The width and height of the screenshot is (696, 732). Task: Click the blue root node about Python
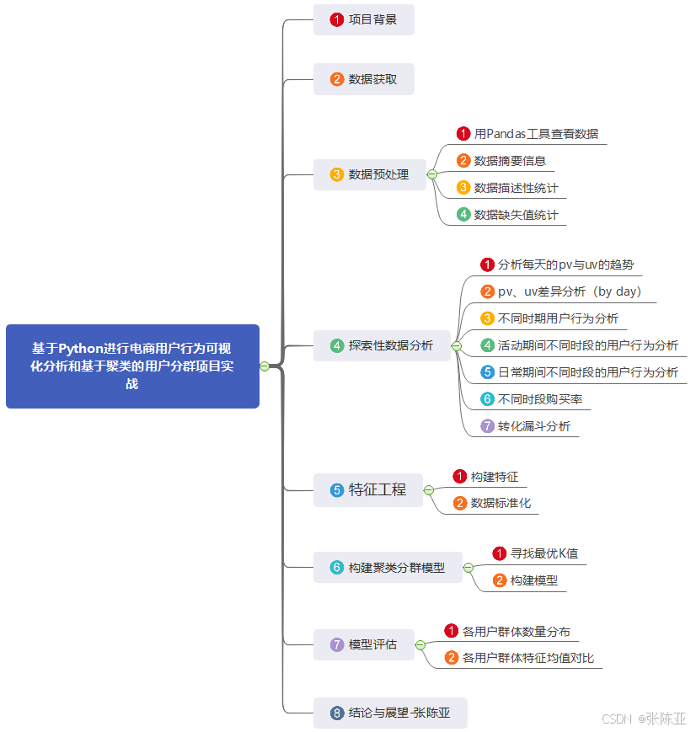click(x=132, y=366)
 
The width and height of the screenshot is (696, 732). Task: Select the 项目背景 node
click(x=364, y=19)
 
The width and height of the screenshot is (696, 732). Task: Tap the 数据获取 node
click(x=364, y=79)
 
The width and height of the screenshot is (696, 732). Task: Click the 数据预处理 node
click(x=370, y=174)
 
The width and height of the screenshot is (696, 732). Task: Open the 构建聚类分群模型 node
click(x=388, y=568)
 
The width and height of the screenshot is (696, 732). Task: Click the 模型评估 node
click(x=363, y=645)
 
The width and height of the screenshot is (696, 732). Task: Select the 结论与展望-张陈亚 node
click(x=390, y=713)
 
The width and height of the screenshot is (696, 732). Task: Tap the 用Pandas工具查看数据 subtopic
click(x=528, y=134)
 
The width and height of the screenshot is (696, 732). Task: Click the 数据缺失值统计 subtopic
click(x=508, y=215)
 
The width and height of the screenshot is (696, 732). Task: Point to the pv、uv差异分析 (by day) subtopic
click(x=561, y=291)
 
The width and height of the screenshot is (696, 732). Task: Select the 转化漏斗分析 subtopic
click(x=526, y=426)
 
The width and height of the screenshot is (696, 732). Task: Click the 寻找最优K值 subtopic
click(x=536, y=553)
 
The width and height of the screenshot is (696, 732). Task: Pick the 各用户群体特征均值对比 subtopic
click(x=520, y=658)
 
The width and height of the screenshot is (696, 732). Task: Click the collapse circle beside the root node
click(x=265, y=366)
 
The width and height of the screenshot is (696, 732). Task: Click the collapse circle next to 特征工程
click(x=429, y=489)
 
